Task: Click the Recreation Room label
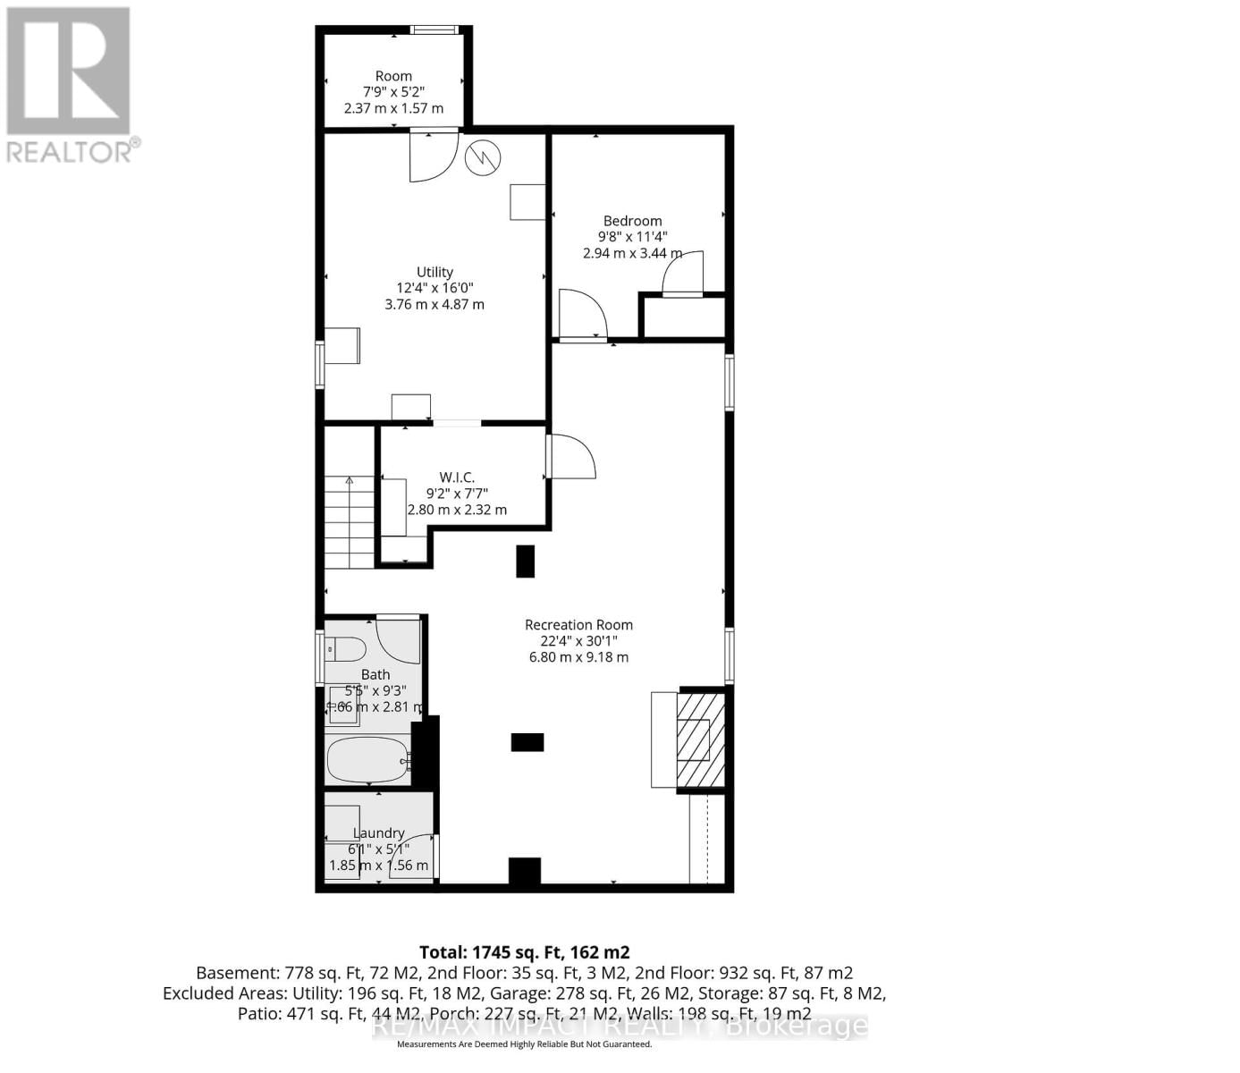(x=578, y=625)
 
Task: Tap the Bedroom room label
(x=632, y=221)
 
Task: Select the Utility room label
(x=434, y=272)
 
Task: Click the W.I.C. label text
(x=456, y=477)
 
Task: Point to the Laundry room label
(x=378, y=832)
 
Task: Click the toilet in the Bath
(x=344, y=648)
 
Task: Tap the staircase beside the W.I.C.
(x=350, y=522)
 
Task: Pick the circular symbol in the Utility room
(x=483, y=158)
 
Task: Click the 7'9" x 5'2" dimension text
(x=393, y=92)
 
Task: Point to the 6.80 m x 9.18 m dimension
(x=578, y=657)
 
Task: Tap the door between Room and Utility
(x=434, y=156)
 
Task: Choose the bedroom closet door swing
(x=683, y=273)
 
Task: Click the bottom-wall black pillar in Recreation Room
(x=525, y=871)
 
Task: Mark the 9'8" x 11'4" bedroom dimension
(x=632, y=237)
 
